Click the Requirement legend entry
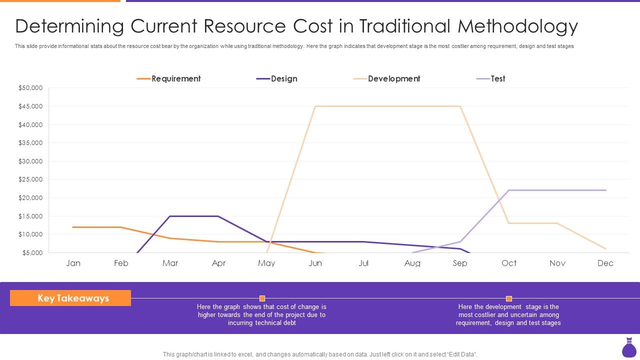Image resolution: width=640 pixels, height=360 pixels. pos(168,78)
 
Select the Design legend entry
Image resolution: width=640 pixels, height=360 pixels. pos(277,78)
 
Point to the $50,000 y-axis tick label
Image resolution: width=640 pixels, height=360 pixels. pos(30,88)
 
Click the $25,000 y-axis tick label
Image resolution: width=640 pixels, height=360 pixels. pos(30,179)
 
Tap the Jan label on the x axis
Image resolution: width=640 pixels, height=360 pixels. pos(73,263)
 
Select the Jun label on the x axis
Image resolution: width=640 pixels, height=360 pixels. pos(315,263)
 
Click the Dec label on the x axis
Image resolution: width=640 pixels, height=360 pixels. pos(605,263)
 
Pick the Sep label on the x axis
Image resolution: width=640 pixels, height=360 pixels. pos(460,263)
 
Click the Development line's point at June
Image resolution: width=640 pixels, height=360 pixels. pos(315,106)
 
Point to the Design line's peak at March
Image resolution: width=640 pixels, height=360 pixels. pos(170,216)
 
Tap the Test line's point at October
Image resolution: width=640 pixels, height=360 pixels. pos(509,190)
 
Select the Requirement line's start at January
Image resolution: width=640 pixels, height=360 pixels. pos(73,227)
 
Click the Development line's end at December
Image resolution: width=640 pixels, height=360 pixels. pos(605,249)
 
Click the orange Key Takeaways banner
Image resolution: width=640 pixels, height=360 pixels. pos(70,298)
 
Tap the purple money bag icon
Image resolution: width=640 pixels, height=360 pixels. pos(628,348)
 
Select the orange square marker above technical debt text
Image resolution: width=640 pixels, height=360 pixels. pos(262,298)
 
